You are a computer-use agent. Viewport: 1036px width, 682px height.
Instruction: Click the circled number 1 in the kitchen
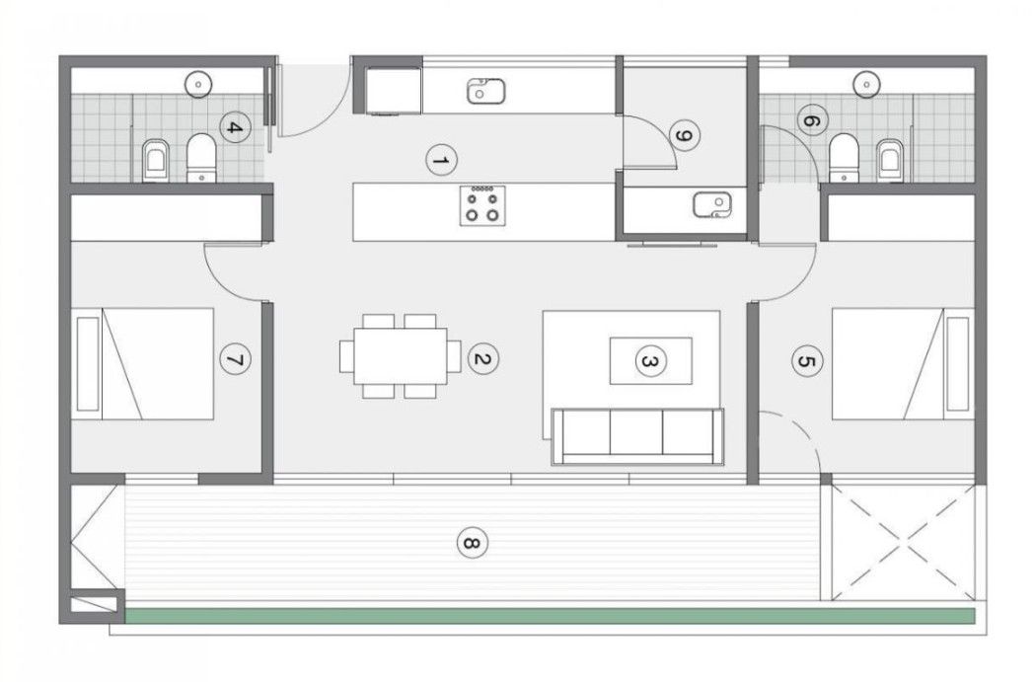441,161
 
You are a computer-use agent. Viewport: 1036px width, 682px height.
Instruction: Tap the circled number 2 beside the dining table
483,359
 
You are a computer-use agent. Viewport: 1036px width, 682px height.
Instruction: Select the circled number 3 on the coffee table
651,361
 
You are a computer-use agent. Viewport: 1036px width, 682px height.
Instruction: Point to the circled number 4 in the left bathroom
234,127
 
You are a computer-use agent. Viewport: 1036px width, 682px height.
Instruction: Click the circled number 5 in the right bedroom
807,361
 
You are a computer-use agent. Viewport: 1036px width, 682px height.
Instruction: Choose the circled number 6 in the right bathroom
812,121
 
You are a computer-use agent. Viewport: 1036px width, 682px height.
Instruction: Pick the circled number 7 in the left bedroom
235,360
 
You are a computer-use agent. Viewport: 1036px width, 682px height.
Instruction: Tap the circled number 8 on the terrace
472,544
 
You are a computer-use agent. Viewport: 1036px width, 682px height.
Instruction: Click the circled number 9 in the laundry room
685,135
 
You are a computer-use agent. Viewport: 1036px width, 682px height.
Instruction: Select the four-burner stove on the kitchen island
483,205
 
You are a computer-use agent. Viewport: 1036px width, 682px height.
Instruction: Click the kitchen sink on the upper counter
485,91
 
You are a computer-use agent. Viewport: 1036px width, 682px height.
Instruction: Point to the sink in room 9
712,204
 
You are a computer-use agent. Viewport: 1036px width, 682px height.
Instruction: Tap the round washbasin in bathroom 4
197,84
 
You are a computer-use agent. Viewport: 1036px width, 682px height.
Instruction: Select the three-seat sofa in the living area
637,437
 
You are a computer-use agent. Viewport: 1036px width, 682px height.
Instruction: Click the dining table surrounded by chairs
401,356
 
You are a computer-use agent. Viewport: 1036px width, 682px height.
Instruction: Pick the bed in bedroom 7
145,363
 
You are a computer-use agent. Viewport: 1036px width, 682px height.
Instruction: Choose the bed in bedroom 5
903,363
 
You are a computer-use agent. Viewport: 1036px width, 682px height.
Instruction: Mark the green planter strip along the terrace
550,616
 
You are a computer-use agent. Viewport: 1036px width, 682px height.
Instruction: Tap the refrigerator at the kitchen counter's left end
393,91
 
